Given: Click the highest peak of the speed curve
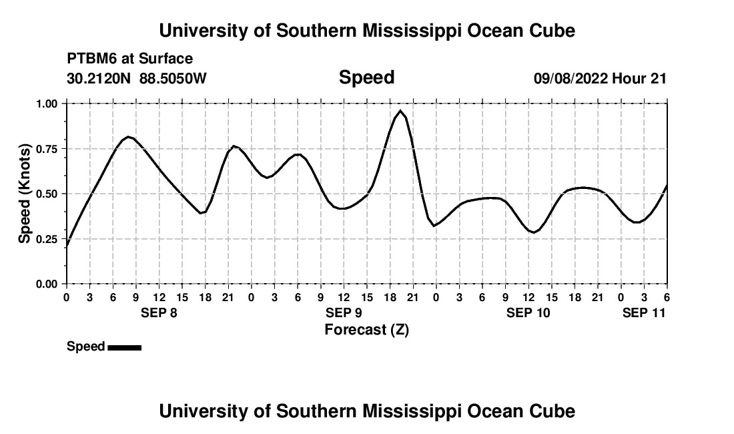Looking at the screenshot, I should tap(400, 111).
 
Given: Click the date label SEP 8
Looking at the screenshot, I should tap(159, 312).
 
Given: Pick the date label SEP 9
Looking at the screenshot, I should tap(344, 312).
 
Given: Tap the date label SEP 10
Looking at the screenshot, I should tap(528, 312).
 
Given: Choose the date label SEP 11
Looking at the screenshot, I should tap(644, 312).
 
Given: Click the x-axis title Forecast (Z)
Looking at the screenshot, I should tap(366, 330).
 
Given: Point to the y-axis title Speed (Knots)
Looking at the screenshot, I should tap(25, 193).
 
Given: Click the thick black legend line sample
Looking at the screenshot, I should tap(124, 347).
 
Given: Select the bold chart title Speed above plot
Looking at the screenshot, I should tap(366, 77).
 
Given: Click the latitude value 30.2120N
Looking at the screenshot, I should tap(99, 78).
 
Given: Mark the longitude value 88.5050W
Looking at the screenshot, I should tap(173, 78).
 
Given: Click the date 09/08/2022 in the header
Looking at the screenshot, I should tap(571, 78).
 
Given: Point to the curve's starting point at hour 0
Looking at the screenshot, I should tap(67, 246).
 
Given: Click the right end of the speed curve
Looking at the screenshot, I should tap(667, 185).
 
